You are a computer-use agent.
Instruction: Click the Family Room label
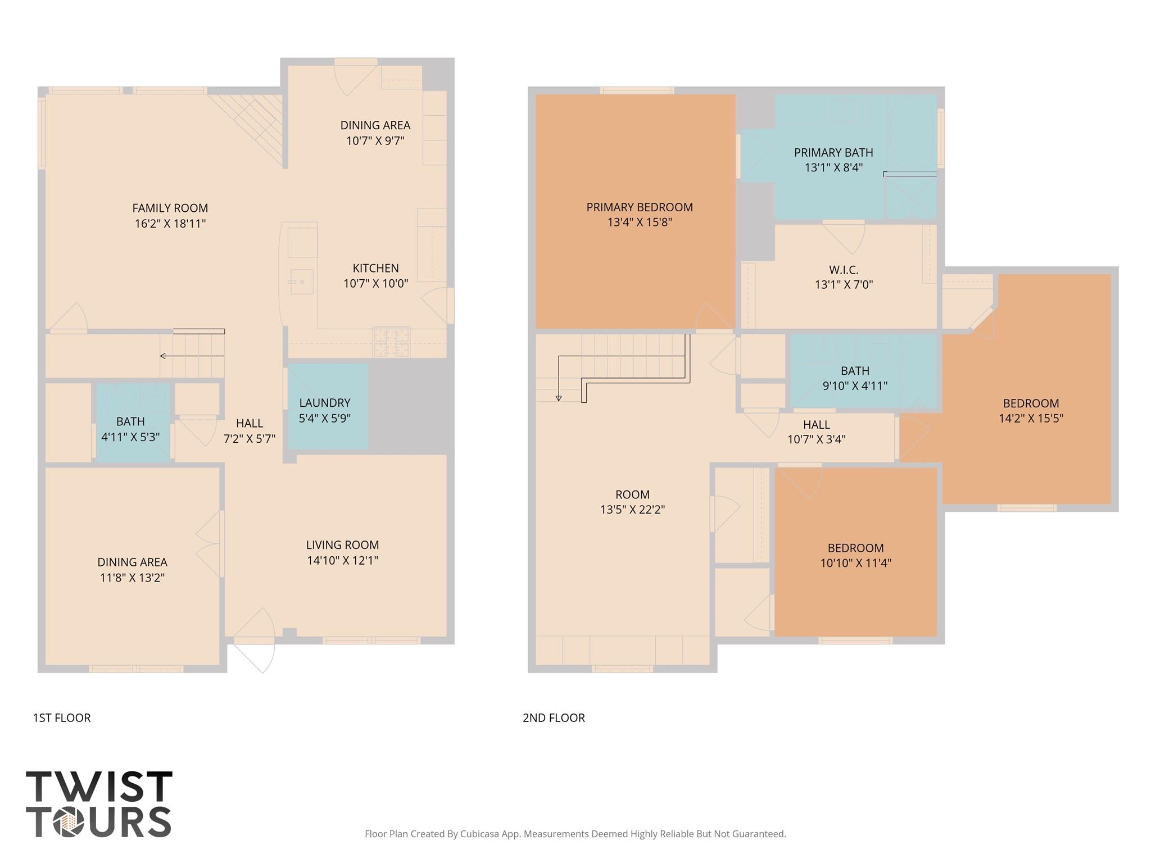click(170, 208)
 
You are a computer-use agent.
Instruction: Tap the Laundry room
click(328, 406)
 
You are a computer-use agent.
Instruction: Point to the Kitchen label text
click(375, 269)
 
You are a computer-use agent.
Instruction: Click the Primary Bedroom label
click(640, 207)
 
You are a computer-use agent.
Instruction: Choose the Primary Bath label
click(833, 152)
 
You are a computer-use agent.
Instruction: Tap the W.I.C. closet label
click(844, 270)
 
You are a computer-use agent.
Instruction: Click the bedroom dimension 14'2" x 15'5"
click(1031, 419)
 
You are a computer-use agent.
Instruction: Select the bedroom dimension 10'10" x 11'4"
click(855, 563)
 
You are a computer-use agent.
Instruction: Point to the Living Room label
click(342, 545)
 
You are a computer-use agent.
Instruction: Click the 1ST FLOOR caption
click(62, 718)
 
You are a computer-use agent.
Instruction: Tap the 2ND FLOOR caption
click(554, 718)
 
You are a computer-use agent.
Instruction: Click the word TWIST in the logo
click(99, 787)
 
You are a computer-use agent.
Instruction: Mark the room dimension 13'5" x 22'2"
click(632, 510)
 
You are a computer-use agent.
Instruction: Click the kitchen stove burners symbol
click(391, 342)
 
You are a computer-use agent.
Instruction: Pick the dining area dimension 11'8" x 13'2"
click(132, 578)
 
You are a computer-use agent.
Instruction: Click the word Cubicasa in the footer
click(481, 834)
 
